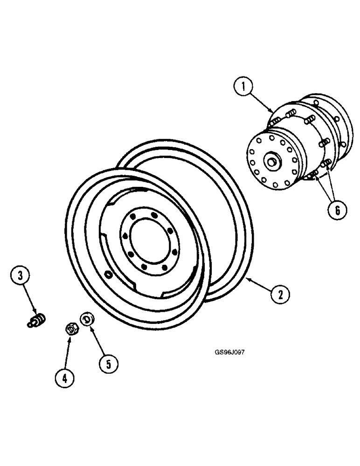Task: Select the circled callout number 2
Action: click(x=280, y=295)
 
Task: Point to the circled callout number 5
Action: click(x=108, y=363)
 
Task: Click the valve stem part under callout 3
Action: click(x=36, y=321)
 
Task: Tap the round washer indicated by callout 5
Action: click(x=86, y=320)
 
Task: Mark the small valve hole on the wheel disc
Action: click(x=109, y=276)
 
